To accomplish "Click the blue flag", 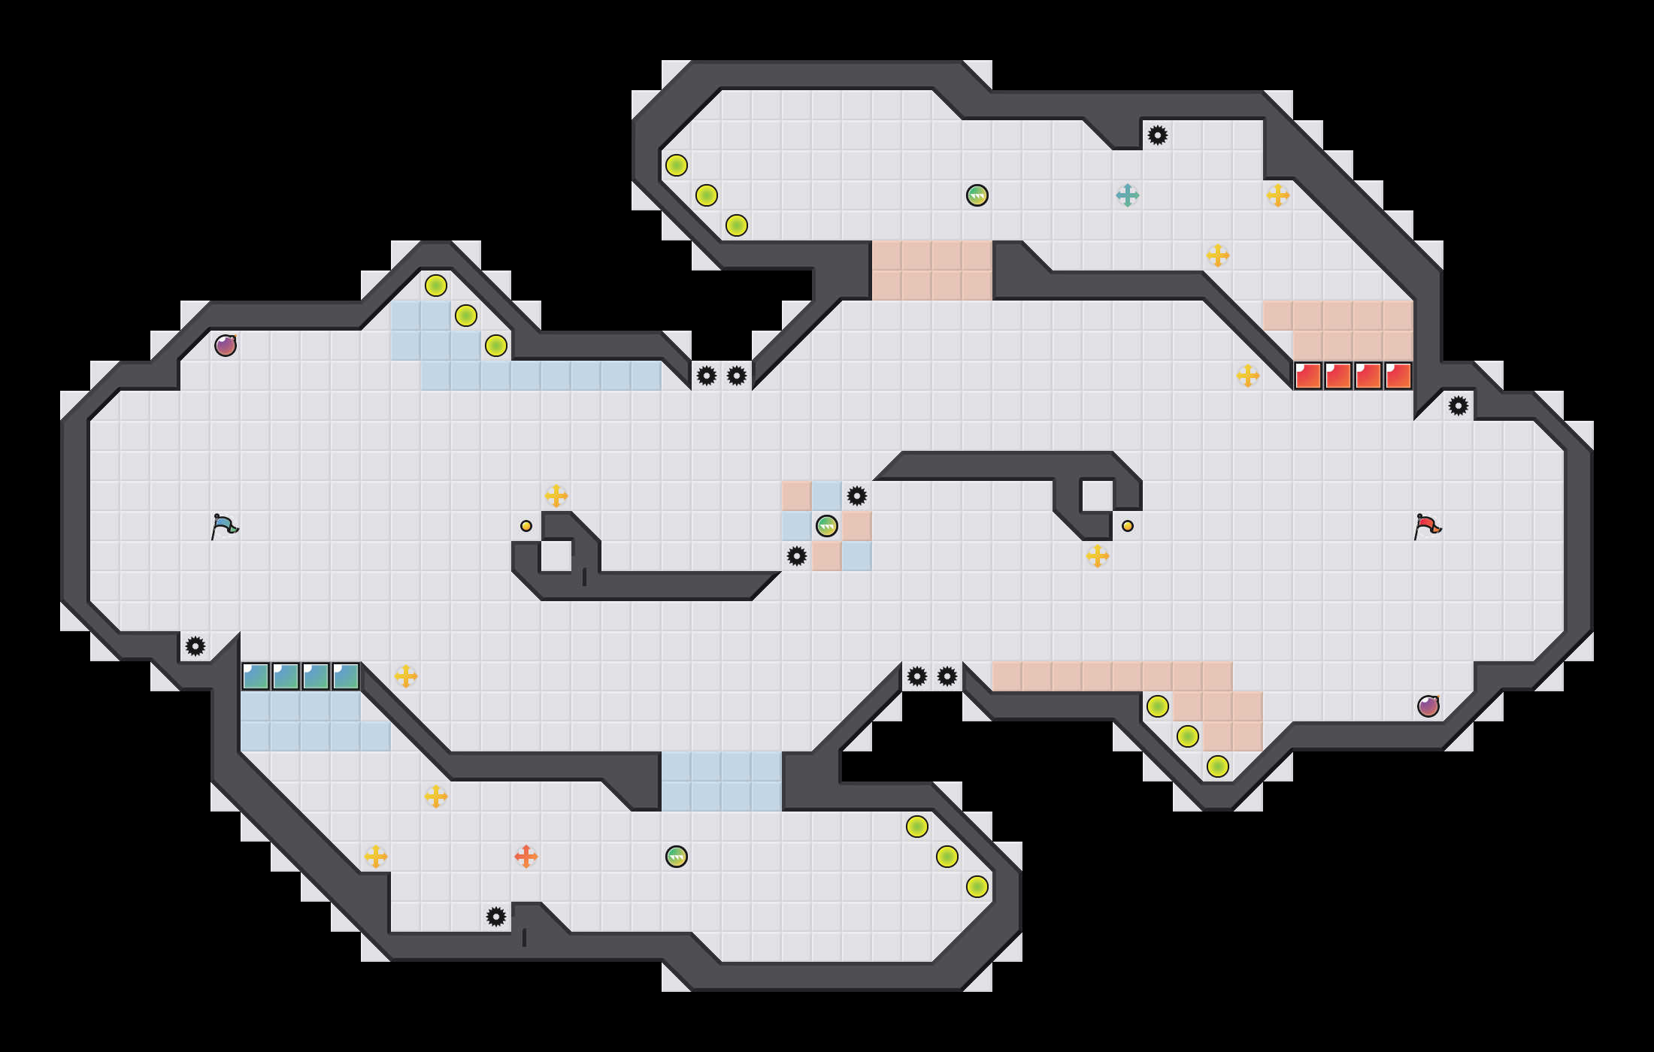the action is pos(224,526).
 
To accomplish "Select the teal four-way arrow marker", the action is pos(1128,195).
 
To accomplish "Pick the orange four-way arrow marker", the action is pos(526,856).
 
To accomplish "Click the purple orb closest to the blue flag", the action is pos(226,346).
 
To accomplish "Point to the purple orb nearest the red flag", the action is pos(1428,706).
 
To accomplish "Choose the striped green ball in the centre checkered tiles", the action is pos(827,526).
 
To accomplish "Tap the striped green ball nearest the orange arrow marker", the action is pos(677,857).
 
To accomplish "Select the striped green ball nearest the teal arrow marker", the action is pos(977,195).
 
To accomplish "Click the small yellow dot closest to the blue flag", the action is pos(526,526).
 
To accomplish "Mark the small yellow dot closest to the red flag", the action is pos(1128,526).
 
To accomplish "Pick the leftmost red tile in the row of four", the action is pos(1308,376).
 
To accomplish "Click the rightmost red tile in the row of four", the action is pos(1398,376).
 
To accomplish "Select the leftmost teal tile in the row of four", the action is pos(256,676).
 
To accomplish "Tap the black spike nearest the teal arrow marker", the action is pos(1158,135).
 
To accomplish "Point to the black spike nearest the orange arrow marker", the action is pos(496,917).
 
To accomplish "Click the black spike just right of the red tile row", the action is pos(1459,406).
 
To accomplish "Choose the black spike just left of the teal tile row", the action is pos(195,646).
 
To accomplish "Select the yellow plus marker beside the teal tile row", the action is pos(406,676).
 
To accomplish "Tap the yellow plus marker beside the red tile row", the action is pos(1248,376).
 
